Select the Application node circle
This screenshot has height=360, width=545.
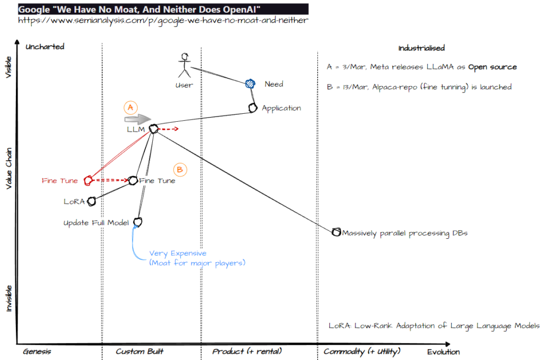click(x=253, y=108)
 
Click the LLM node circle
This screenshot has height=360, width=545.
click(x=153, y=129)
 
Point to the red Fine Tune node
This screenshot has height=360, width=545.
click(x=87, y=181)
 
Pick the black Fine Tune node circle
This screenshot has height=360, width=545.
click(x=133, y=181)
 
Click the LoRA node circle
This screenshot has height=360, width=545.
click(x=92, y=201)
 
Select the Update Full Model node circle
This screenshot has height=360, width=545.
click(x=138, y=222)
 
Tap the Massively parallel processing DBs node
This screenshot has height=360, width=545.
click(x=336, y=232)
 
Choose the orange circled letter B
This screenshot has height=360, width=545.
click(x=180, y=170)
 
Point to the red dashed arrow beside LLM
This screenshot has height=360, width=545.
click(x=169, y=129)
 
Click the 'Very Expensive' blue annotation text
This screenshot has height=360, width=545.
click(x=178, y=254)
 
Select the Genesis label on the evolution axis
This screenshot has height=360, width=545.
click(x=37, y=351)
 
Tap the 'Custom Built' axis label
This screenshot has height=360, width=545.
click(x=139, y=351)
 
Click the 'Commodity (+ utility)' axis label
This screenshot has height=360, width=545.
click(x=361, y=351)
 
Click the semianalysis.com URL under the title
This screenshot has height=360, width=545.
click(x=163, y=20)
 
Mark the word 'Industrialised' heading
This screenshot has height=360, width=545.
click(x=422, y=48)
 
